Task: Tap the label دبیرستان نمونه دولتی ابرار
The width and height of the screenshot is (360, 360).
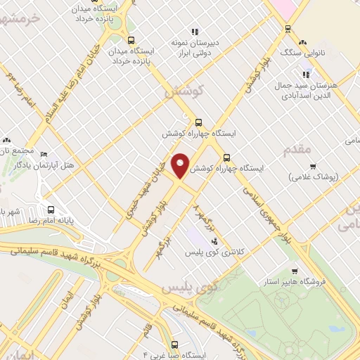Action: coord(195,48)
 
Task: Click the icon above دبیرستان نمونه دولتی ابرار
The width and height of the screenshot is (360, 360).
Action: coord(195,32)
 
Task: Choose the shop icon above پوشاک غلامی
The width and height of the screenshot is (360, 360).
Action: coord(313,167)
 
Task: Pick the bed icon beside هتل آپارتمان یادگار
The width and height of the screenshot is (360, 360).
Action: coord(44,154)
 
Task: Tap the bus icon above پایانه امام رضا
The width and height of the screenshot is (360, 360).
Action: coord(51,209)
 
